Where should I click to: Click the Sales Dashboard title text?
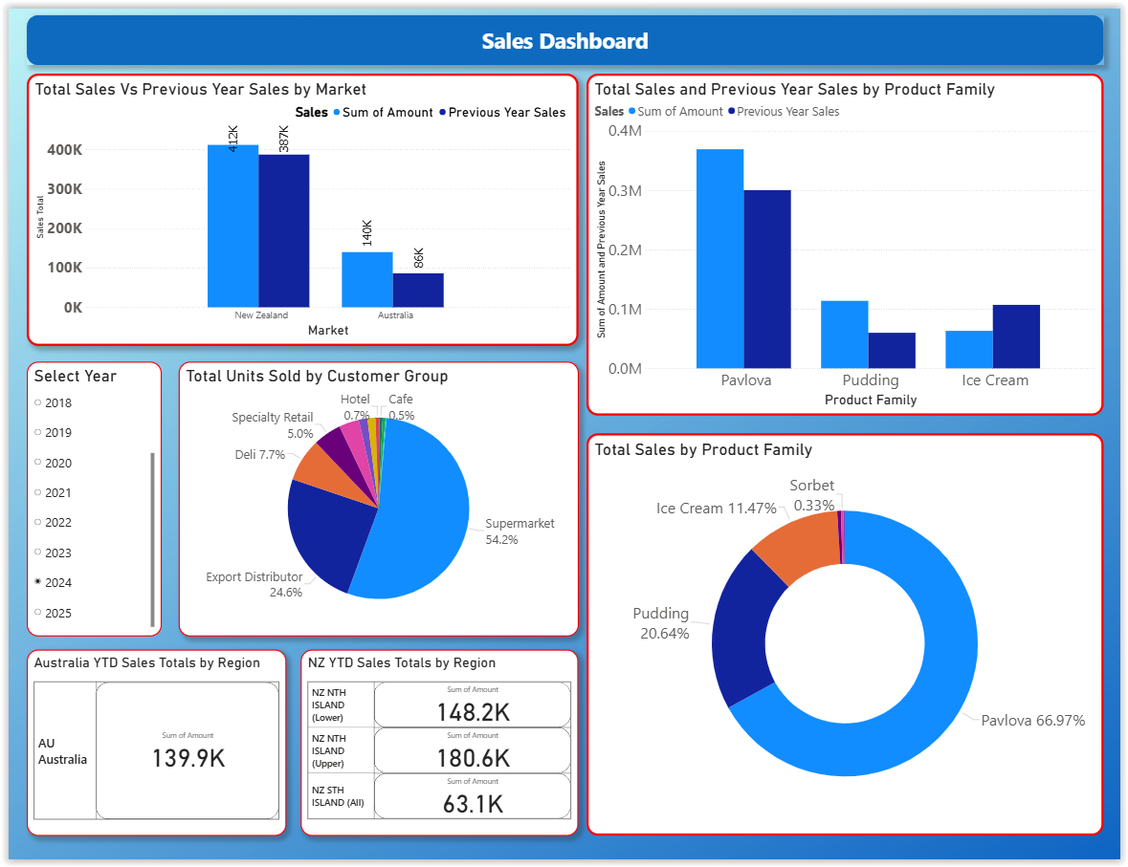[564, 41]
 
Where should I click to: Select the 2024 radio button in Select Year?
[38, 582]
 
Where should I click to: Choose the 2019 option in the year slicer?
[38, 433]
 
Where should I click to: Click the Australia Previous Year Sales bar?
[418, 290]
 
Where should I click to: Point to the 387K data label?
[284, 138]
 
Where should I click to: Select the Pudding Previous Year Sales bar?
[892, 350]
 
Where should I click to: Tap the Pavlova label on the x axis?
[746, 380]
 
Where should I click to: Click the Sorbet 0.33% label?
[812, 495]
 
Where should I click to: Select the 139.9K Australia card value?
[188, 758]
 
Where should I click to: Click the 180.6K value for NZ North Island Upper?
[473, 759]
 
